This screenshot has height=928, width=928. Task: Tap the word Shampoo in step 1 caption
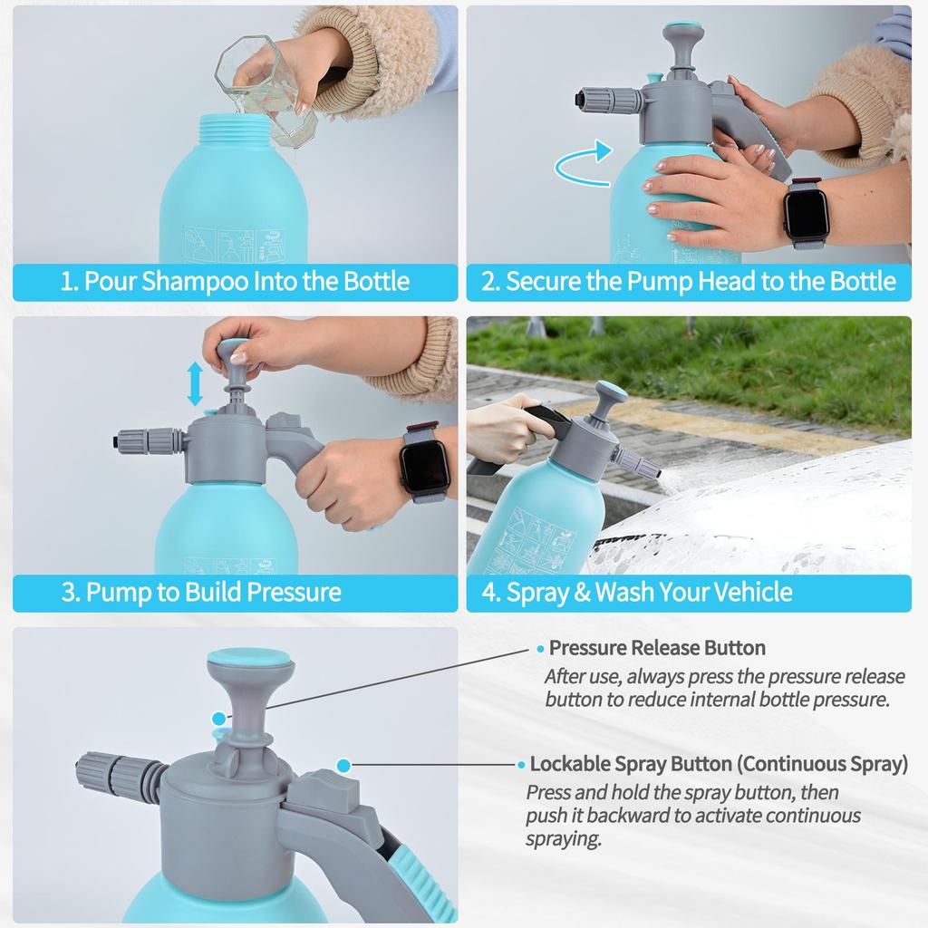192,281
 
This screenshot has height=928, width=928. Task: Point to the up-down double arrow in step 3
195,382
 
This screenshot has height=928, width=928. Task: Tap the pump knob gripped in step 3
235,350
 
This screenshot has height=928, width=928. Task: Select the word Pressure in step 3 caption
295,593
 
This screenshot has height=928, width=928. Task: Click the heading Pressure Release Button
657,648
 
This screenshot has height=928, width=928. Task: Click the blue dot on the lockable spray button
343,766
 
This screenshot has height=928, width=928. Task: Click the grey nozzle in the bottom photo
118,775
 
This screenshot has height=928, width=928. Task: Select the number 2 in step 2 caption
489,281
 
